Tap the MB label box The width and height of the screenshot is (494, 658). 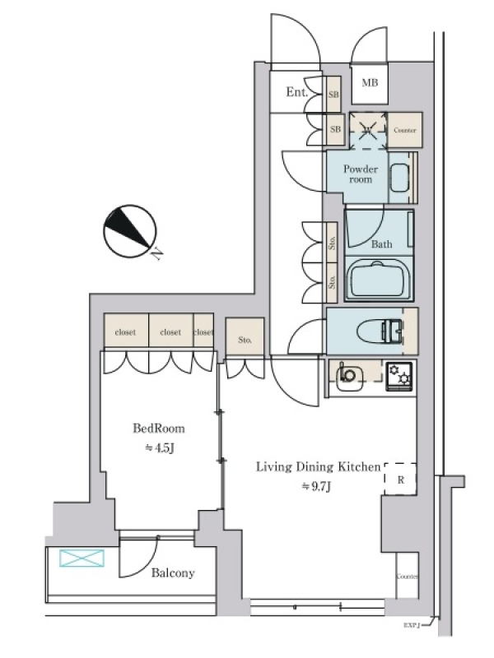(369, 82)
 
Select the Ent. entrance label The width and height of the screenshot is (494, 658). (297, 93)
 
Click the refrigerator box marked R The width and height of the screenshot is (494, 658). (400, 478)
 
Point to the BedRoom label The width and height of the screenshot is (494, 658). (159, 428)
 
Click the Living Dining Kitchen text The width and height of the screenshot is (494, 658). (318, 467)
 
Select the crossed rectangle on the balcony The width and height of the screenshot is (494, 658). (82, 559)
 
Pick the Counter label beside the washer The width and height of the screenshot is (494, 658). (404, 130)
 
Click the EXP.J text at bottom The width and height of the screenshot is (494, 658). (412, 625)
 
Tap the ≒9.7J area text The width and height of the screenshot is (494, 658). (318, 486)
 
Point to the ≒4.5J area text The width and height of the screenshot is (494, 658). (159, 448)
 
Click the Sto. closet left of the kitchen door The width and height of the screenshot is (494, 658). (245, 339)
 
